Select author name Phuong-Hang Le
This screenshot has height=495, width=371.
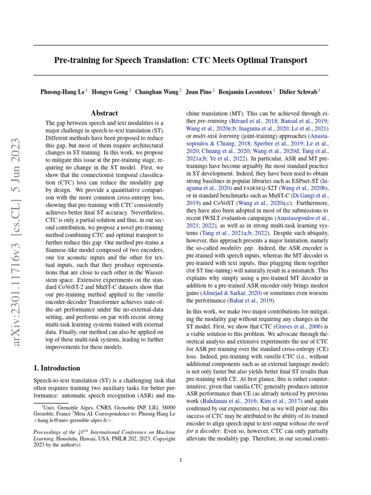coord(62,91)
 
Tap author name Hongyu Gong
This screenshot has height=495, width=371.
coord(110,91)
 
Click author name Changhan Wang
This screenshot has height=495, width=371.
coord(157,91)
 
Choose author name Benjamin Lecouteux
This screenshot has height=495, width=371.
coord(245,91)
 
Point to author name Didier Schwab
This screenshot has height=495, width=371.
coord(300,91)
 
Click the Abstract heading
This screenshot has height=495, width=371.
coord(104,113)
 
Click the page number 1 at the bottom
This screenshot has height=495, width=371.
coord(180,460)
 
